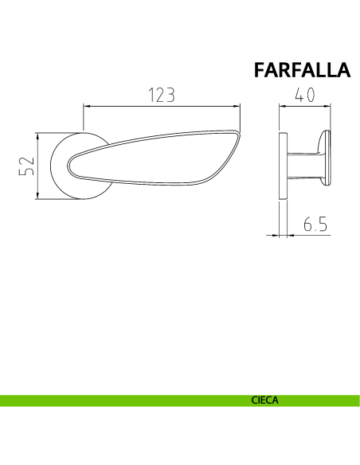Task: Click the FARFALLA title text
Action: pos(302,70)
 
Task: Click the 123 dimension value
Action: pos(162,95)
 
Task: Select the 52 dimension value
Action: pos(27,166)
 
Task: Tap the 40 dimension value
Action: pos(304,95)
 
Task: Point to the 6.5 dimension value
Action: pos(315,224)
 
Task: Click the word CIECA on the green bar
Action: pos(264,401)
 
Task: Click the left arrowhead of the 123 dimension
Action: pos(87,106)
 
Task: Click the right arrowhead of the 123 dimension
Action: pos(237,106)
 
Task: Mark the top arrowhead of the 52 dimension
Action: pos(37,137)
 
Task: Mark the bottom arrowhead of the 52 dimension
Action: pos(37,195)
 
